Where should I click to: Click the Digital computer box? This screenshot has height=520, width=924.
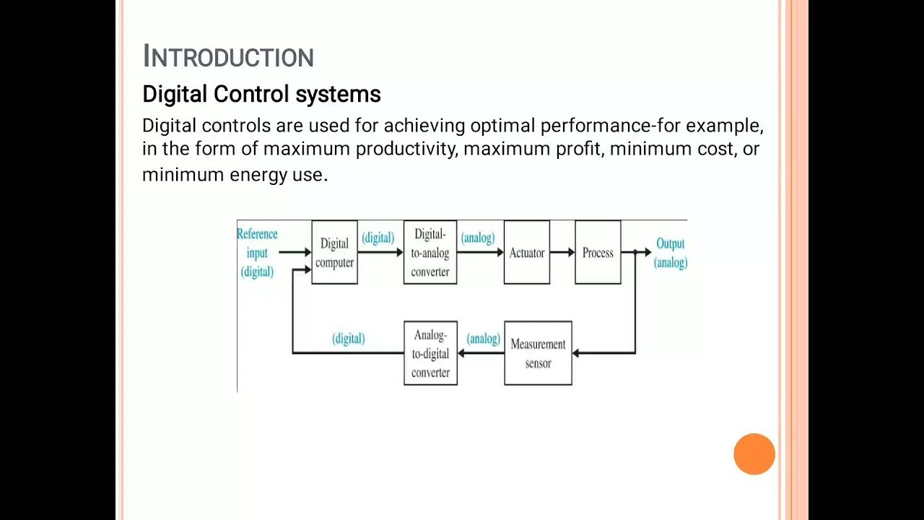pos(334,253)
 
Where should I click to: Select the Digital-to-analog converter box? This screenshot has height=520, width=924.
pos(430,253)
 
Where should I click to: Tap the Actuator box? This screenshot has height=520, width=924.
pos(527,253)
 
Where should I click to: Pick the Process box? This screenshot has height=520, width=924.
pos(598,253)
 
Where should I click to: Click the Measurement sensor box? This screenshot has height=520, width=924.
pos(538,353)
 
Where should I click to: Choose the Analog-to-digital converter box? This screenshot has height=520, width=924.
pos(430,353)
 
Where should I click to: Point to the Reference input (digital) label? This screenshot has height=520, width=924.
pos(257,253)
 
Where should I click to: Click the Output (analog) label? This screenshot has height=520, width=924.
pos(671,253)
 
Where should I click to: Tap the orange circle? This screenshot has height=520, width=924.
pos(754,454)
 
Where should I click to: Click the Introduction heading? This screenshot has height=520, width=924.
pos(228,56)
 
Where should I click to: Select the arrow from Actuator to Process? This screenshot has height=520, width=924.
pos(562,253)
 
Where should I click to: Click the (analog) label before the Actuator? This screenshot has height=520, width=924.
pos(478,238)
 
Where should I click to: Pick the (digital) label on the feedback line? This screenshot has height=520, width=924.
pos(348,339)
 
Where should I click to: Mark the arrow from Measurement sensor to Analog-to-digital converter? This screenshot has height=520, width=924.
pos(481,353)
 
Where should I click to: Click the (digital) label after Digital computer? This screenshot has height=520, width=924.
pos(378,238)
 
